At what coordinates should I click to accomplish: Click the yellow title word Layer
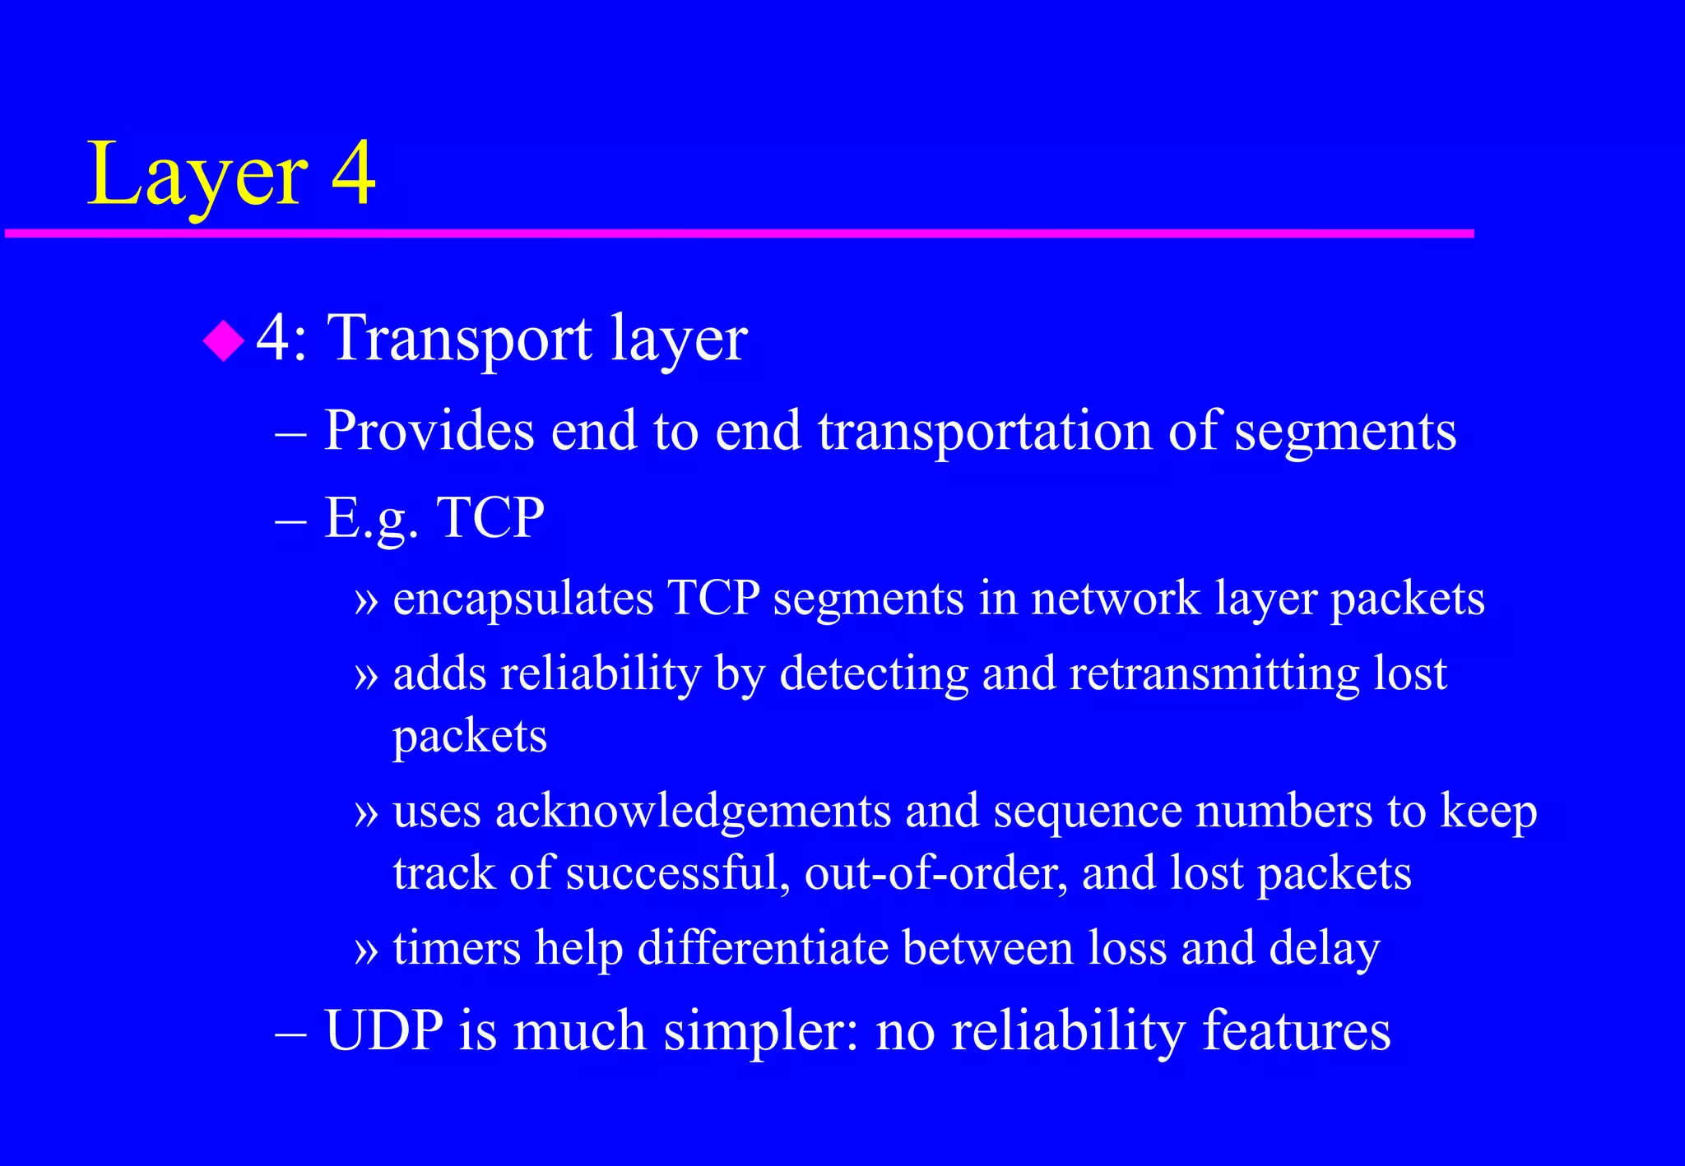197,174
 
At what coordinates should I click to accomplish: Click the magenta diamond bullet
224,340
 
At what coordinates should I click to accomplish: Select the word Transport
459,339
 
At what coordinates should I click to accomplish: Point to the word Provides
428,430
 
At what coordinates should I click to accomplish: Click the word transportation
985,432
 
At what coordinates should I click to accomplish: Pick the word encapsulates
523,598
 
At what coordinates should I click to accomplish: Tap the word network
1116,598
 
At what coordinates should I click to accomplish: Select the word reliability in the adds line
601,674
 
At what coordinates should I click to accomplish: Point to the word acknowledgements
693,812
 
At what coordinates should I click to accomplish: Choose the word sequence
1087,812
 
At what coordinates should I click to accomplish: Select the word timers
457,948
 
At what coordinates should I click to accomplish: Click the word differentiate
763,948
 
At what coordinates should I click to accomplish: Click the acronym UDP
384,1030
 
